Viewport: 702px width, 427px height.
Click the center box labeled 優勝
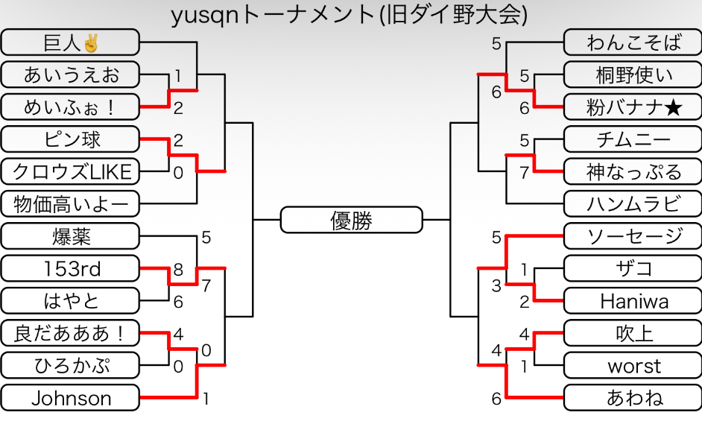tap(351, 221)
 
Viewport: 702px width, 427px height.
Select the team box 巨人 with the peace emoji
tap(70, 42)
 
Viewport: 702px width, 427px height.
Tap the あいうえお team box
tap(70, 75)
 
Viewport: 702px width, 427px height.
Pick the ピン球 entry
tap(70, 139)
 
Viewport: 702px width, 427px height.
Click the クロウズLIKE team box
tap(70, 172)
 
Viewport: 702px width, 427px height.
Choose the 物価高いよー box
tap(70, 203)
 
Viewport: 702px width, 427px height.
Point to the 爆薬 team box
tap(70, 237)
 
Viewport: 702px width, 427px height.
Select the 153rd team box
tap(70, 268)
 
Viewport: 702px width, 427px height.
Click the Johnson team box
tap(70, 398)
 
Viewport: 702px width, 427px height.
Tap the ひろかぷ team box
tap(70, 366)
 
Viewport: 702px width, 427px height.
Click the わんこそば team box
tap(633, 42)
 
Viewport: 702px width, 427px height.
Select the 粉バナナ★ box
tap(633, 107)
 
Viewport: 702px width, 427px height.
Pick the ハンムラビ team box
tap(633, 203)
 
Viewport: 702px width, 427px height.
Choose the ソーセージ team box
tap(633, 237)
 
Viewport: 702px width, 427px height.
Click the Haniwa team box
tap(633, 301)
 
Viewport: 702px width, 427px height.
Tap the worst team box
tap(633, 366)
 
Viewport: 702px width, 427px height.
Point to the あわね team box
tap(633, 398)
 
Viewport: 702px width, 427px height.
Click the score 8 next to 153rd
tap(178, 270)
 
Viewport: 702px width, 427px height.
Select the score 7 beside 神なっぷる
tap(525, 173)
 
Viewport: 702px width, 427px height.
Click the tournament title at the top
tap(350, 15)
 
